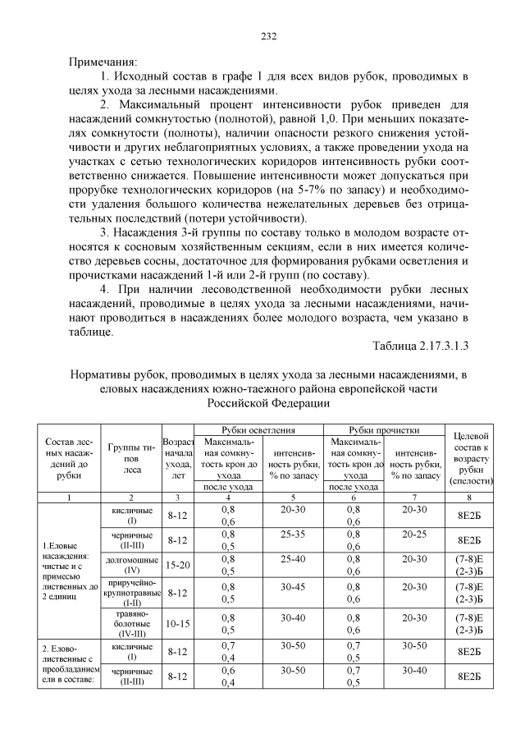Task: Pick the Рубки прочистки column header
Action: tap(384, 429)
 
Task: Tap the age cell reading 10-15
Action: tap(178, 624)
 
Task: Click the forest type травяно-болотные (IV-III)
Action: tap(134, 624)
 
